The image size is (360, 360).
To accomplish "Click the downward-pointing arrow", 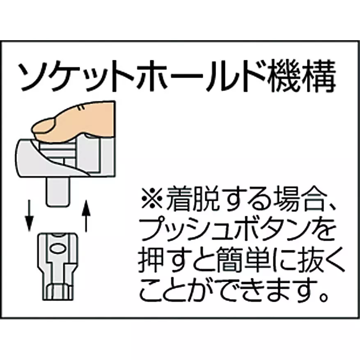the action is point(29,216).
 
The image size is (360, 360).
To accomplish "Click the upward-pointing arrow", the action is point(86,216).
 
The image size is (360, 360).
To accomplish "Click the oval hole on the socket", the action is point(57,249).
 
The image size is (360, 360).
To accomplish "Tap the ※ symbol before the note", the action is point(152,198).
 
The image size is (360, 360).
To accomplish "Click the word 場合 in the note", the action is point(296,198).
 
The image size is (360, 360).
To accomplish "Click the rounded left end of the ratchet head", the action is point(20,158).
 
